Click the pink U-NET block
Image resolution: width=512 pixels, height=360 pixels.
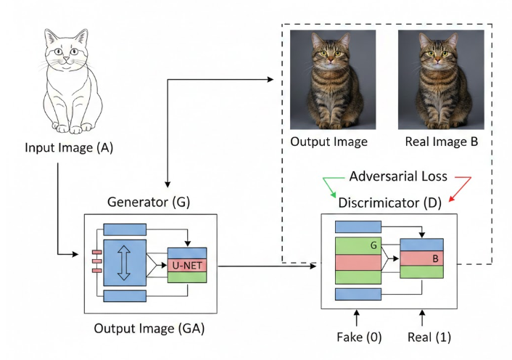(188, 265)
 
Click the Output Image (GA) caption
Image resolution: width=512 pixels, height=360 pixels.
(149, 329)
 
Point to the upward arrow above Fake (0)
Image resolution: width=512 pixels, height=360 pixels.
(356, 317)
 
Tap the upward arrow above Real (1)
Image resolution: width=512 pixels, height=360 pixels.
(423, 317)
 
